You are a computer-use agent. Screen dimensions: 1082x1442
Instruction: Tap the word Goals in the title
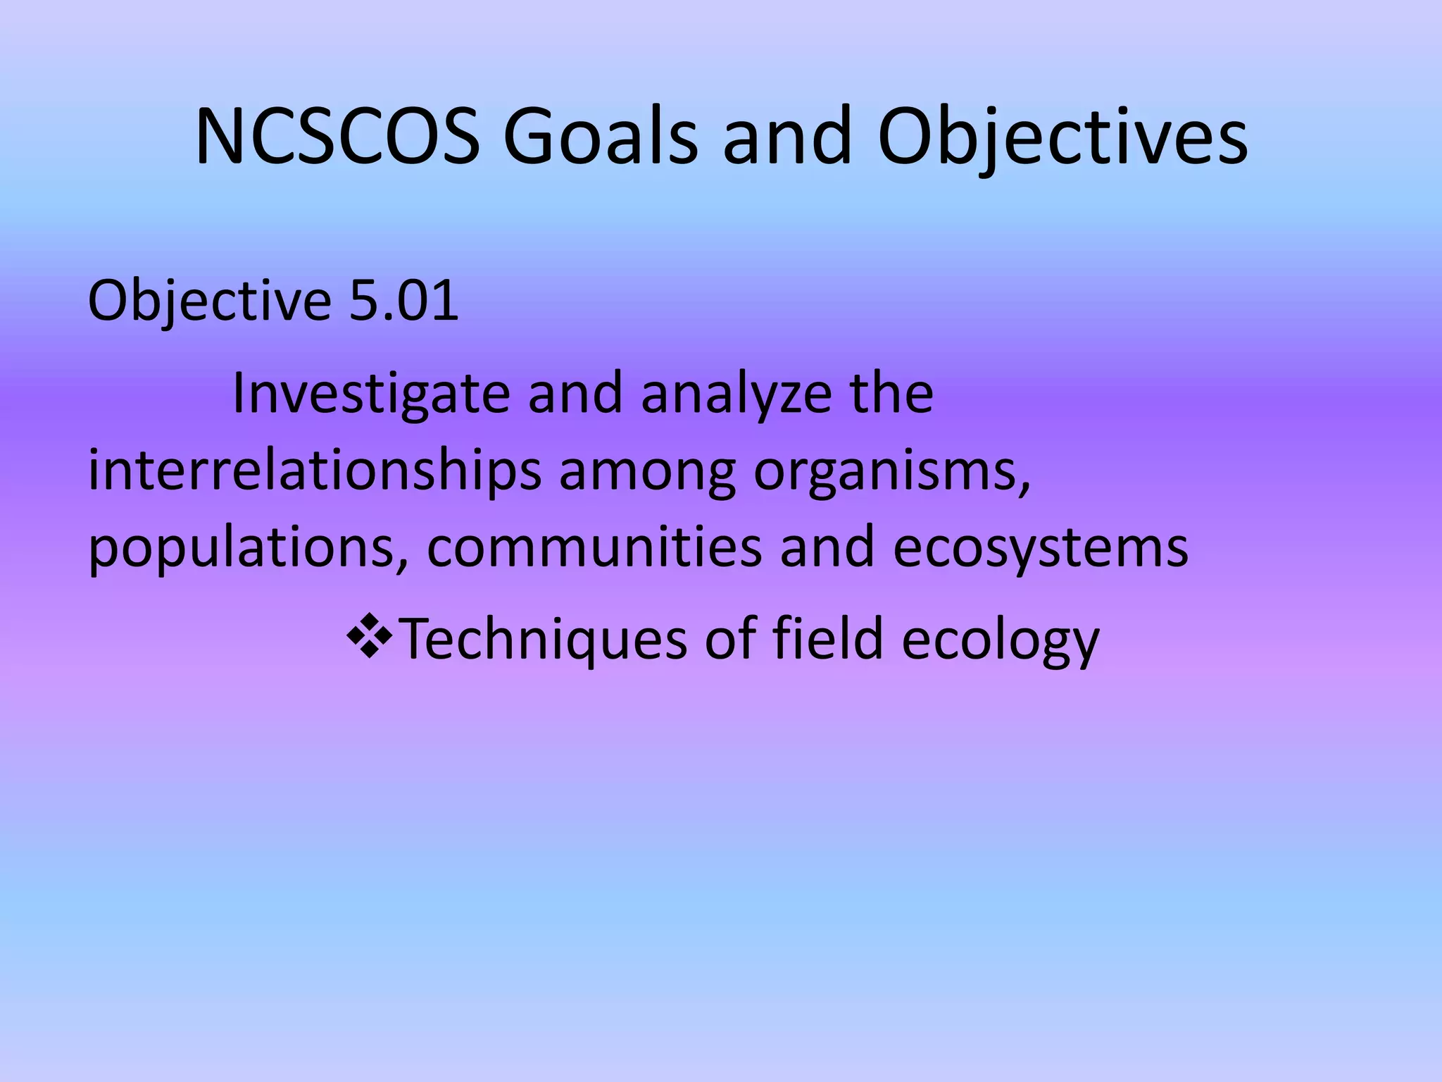click(x=601, y=137)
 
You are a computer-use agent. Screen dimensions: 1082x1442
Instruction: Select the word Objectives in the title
click(x=1062, y=137)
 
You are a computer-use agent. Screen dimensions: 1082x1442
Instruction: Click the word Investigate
click(x=370, y=393)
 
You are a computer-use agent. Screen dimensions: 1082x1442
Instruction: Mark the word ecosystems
click(x=1041, y=548)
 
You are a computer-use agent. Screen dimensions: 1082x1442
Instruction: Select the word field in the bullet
click(x=827, y=638)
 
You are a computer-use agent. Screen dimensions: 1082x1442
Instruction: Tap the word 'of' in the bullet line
click(x=730, y=638)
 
